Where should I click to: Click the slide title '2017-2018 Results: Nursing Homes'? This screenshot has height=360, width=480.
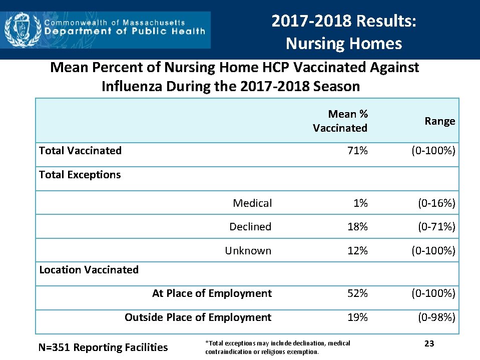click(344, 32)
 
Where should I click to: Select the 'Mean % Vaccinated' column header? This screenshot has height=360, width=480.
click(340, 121)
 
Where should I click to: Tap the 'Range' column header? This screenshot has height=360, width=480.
click(440, 121)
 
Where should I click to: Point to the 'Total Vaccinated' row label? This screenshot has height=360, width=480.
click(80, 151)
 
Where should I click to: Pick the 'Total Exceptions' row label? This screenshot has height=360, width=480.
click(80, 175)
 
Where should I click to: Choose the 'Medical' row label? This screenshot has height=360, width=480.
click(252, 203)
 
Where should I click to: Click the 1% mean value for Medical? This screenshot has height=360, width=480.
click(360, 203)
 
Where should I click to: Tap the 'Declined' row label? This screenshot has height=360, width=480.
click(250, 227)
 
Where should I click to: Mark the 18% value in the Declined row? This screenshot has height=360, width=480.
click(357, 227)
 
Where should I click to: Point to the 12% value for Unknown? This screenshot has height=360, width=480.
click(357, 251)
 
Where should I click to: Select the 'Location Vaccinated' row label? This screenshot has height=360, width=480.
click(89, 270)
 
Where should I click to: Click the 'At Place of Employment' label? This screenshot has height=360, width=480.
click(212, 293)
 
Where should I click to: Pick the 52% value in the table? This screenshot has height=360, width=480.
click(357, 293)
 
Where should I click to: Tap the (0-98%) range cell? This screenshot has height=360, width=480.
click(437, 317)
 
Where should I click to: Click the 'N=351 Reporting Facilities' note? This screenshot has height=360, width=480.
click(103, 347)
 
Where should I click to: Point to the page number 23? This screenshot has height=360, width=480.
click(429, 343)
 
